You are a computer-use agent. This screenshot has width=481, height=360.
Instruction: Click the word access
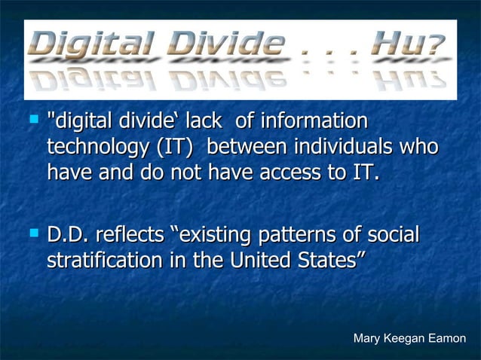(289, 172)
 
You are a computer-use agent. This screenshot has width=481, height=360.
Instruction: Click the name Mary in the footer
(367, 339)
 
